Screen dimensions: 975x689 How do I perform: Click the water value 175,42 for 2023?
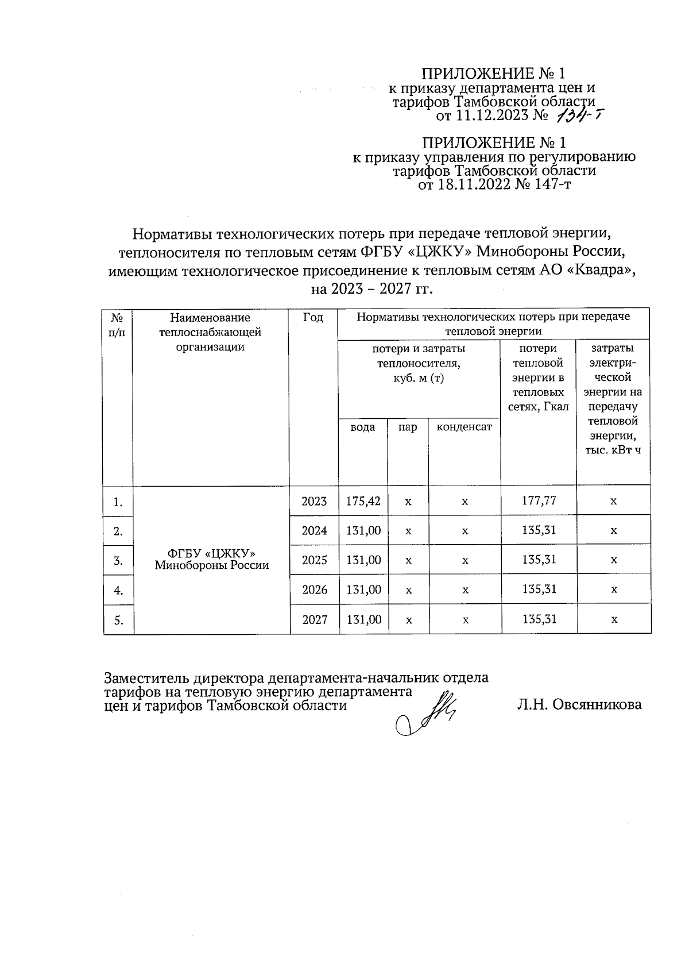point(363,500)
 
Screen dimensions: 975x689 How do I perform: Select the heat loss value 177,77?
point(539,500)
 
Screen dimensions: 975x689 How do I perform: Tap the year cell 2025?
point(315,560)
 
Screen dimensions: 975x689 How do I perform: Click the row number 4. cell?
point(118,590)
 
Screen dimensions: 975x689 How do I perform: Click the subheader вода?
point(363,427)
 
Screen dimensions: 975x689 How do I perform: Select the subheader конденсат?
point(465,427)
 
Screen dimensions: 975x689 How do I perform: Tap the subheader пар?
point(408,427)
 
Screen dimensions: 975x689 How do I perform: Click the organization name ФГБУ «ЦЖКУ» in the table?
point(211,553)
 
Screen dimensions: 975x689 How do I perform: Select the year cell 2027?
point(315,620)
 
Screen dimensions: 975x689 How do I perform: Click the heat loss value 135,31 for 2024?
point(539,530)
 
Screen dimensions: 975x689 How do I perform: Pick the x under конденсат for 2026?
point(465,590)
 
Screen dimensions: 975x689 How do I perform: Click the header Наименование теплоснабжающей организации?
point(210,332)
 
